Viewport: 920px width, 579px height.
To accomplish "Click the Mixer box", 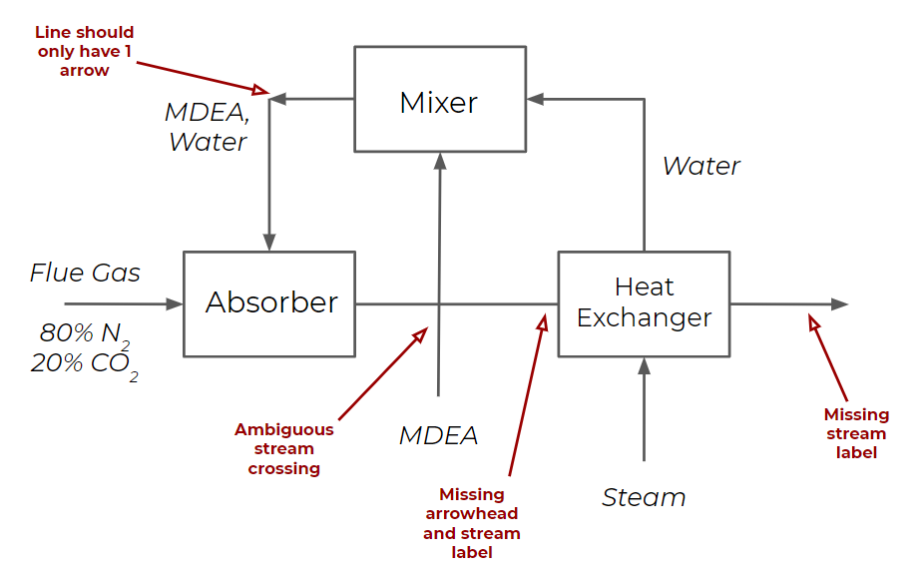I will point(439,101).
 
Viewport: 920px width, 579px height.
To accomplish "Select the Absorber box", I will point(269,303).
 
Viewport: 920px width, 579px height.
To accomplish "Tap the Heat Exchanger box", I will point(644,303).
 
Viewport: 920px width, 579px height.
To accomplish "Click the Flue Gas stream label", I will point(85,273).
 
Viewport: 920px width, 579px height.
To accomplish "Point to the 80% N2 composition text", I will point(86,333).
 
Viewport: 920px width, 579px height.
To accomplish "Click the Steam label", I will point(644,497).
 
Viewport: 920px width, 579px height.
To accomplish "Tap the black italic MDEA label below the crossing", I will point(438,435).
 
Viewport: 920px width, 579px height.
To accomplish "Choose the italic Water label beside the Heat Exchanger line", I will point(700,166).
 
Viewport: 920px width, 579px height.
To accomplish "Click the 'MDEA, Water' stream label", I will point(207,127).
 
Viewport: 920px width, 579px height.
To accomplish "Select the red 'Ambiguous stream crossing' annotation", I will point(284,449).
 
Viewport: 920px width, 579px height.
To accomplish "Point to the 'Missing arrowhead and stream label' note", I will point(472,523).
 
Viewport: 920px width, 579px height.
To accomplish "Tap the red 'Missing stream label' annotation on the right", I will point(855,433).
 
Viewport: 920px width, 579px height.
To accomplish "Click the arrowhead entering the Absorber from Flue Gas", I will point(176,303).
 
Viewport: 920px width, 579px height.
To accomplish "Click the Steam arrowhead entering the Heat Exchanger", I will point(644,365).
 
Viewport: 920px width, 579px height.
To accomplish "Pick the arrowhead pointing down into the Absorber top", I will point(269,243).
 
